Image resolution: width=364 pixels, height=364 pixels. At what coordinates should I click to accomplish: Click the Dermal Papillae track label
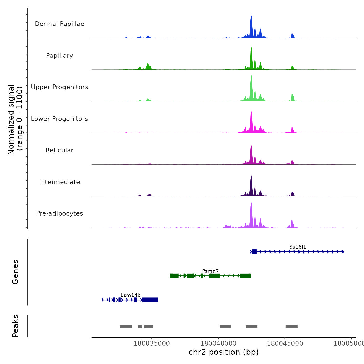60,24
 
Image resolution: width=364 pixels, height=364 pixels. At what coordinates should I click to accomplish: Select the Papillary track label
60,56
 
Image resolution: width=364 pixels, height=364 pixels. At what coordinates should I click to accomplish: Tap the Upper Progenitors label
60,87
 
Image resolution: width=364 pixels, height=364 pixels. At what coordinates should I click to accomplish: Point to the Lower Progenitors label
60,119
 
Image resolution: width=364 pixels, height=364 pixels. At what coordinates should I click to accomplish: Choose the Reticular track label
60,150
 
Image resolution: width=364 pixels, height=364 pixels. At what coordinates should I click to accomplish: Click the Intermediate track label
60,182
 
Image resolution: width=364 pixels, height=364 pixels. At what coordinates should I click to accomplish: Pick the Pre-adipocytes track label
60,213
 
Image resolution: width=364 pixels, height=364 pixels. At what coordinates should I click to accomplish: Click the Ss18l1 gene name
298,247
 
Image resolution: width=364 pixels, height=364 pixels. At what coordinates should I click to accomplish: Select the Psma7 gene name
210,271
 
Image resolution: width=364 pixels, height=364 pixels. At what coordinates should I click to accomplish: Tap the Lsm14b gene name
131,295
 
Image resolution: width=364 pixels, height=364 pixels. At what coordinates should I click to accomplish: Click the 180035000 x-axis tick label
152,343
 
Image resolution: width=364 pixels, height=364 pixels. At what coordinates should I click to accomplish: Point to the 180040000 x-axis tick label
218,343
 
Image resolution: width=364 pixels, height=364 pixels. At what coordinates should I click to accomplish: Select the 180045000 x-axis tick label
285,343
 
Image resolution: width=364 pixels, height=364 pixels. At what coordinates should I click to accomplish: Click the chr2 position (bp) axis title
224,352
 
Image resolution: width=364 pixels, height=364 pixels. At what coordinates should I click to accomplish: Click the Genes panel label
15,272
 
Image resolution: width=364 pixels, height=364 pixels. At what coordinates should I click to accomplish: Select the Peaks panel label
15,326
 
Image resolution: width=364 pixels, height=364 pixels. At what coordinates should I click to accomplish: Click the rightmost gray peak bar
291,326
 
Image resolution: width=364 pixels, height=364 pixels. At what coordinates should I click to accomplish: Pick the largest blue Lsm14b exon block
150,300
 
